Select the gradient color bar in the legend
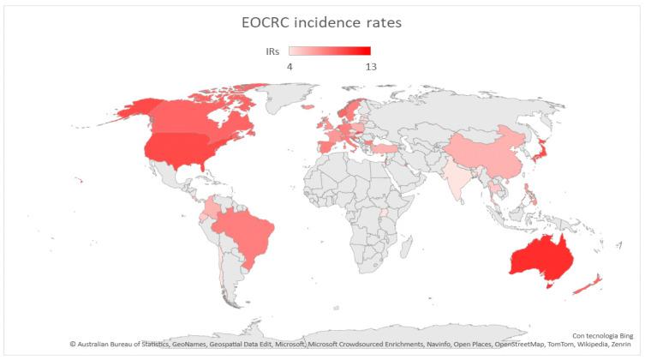(329, 51)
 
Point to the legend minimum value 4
(290, 65)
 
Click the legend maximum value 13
(369, 65)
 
